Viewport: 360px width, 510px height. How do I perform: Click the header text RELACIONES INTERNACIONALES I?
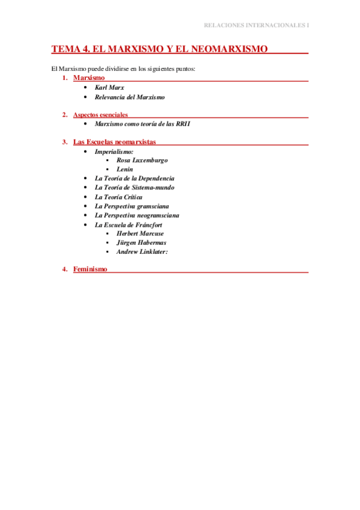click(257, 25)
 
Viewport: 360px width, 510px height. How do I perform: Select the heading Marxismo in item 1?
click(89, 78)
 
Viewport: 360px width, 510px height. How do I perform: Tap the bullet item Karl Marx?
click(109, 88)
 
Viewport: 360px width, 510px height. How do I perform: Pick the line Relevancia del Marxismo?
click(130, 97)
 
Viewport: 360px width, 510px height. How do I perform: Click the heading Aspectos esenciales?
click(100, 115)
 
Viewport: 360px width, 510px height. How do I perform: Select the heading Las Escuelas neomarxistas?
click(114, 142)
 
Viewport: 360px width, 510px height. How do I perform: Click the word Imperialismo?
click(114, 152)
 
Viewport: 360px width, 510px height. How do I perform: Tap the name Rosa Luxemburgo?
click(142, 161)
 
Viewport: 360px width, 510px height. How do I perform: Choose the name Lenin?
click(125, 170)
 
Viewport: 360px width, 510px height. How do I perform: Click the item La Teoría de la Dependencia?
click(135, 179)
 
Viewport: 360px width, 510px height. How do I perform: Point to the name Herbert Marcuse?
click(140, 233)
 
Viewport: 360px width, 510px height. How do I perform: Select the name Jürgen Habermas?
click(142, 242)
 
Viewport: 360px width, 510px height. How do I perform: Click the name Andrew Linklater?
click(142, 251)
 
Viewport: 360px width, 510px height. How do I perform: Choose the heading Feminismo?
click(90, 269)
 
